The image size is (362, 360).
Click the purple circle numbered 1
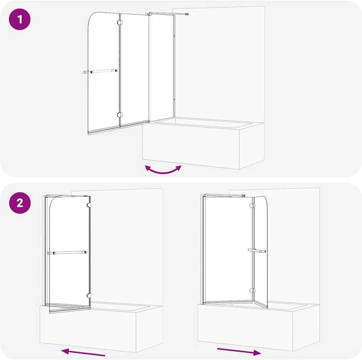point(19,19)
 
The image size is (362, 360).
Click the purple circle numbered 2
point(19,203)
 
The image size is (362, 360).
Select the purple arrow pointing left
point(83,352)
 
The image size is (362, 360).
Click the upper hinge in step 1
point(120,22)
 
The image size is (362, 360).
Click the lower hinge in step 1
point(120,115)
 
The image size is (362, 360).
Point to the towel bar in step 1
point(101,71)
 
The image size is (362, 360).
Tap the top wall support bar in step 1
point(167,14)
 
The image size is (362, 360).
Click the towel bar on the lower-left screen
point(67,253)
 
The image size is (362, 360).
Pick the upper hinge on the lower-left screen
point(88,205)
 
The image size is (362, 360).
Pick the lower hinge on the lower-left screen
point(88,295)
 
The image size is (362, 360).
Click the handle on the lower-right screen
point(257,251)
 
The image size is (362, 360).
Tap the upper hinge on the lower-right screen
point(253,205)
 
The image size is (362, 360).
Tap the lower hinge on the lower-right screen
point(253,291)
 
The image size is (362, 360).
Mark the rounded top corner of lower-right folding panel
point(265,200)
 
